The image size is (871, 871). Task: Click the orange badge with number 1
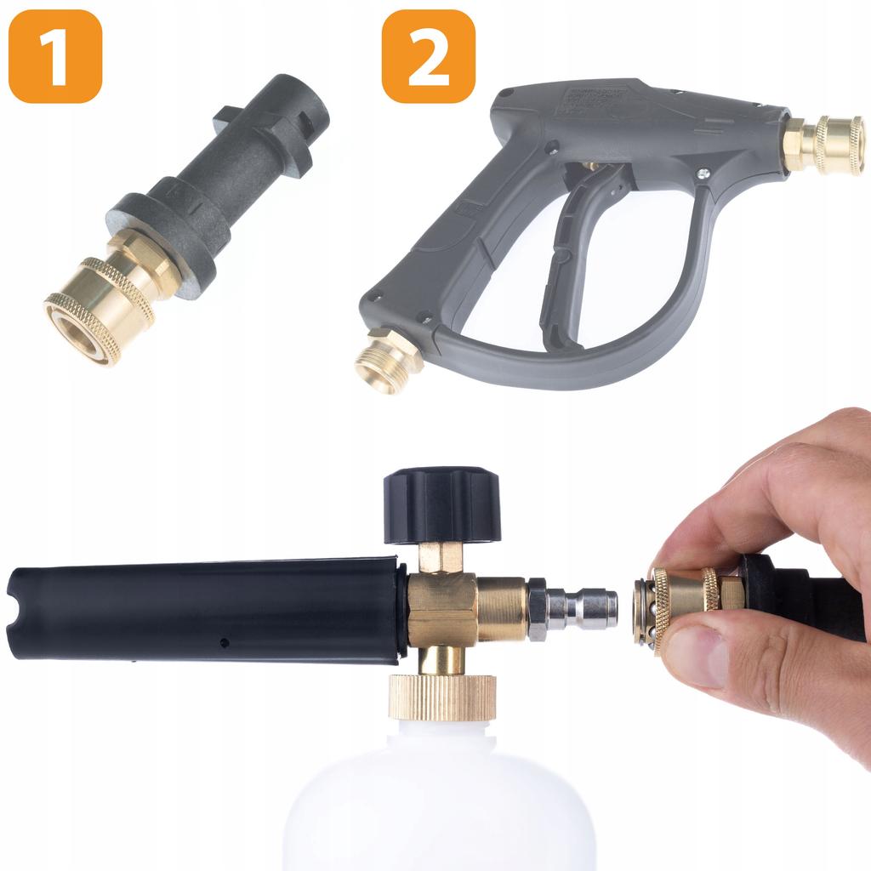pyautogui.click(x=55, y=56)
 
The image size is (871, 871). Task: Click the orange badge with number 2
pyautogui.click(x=428, y=56)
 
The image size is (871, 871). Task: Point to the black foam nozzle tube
pyautogui.click(x=204, y=609)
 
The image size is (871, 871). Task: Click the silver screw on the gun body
pyautogui.click(x=703, y=174)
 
